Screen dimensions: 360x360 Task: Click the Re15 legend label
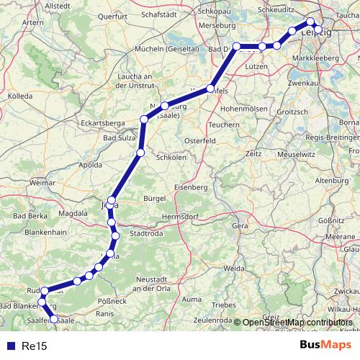(x=35, y=346)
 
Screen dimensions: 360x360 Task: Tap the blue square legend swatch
(x=10, y=346)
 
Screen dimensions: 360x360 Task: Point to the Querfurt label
(x=112, y=15)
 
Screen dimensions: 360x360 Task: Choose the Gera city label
(x=240, y=225)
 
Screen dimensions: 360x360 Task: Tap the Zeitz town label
(x=253, y=153)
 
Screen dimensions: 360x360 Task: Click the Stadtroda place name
(x=146, y=233)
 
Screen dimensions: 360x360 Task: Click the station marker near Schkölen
(x=141, y=153)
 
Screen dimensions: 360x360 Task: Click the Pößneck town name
(x=112, y=300)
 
